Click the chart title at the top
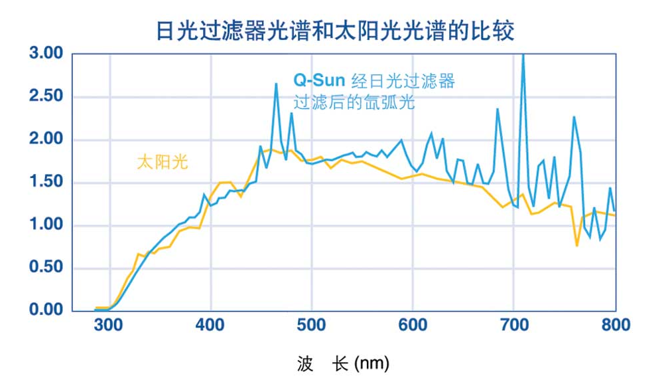pyautogui.click(x=335, y=30)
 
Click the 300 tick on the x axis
pyautogui.click(x=109, y=325)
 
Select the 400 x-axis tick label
pyautogui.click(x=210, y=325)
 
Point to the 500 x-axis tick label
pyautogui.click(x=312, y=325)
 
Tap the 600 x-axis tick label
pyautogui.click(x=413, y=325)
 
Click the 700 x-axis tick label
pyautogui.click(x=514, y=325)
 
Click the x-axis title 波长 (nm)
pyautogui.click(x=343, y=363)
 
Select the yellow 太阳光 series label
pyautogui.click(x=163, y=162)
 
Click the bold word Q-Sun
pyautogui.click(x=319, y=81)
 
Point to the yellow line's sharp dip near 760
pyautogui.click(x=577, y=245)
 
